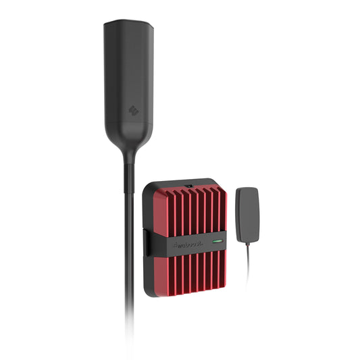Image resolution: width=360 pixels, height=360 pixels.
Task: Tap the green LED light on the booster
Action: click(218, 240)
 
